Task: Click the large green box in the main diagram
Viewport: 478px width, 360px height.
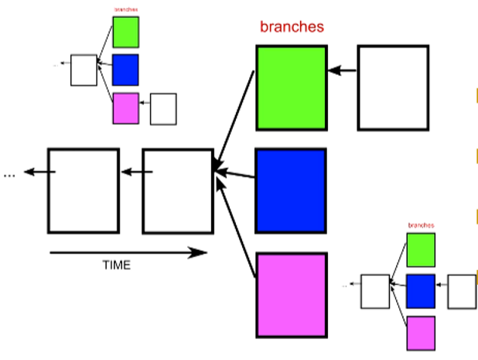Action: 291,87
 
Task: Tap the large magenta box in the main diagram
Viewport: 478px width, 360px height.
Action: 291,294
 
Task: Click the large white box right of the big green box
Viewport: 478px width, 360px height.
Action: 392,87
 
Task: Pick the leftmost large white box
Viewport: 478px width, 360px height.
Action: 83,190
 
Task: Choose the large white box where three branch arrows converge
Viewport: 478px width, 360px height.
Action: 177,190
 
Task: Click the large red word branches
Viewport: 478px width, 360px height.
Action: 292,26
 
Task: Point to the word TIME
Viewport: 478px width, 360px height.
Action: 117,265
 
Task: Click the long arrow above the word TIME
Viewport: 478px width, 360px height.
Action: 128,252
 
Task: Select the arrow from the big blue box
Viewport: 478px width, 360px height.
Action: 235,174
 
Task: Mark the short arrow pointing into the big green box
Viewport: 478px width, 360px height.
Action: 342,71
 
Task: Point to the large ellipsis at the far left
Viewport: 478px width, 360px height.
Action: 9,175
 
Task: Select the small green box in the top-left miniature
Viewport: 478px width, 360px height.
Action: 125,32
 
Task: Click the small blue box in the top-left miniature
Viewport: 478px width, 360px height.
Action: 125,69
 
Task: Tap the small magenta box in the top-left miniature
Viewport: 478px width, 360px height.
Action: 125,108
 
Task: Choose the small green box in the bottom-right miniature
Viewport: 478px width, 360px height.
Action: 421,249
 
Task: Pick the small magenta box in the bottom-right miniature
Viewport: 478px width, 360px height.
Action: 421,333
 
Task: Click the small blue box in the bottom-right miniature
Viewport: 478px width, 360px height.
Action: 421,291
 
